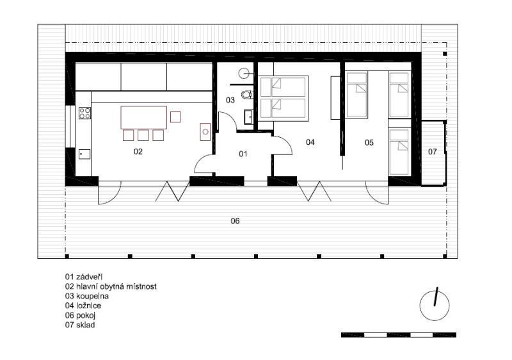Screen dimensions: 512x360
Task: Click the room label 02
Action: (x=138, y=152)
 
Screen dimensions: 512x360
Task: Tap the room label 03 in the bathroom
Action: (x=230, y=100)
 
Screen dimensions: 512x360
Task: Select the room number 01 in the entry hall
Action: (x=243, y=154)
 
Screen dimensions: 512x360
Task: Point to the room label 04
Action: (x=310, y=142)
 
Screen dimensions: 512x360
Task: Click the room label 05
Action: (x=369, y=142)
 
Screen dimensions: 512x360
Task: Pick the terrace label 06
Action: (x=235, y=221)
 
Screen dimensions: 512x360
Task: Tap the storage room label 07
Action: (x=433, y=152)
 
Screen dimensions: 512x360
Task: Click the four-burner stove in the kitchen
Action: (x=85, y=113)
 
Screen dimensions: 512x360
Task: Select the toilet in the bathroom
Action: (x=247, y=95)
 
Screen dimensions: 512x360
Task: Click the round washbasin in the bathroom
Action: (x=244, y=73)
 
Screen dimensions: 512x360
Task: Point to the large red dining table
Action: (x=143, y=118)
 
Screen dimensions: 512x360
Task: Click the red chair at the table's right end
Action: (x=175, y=117)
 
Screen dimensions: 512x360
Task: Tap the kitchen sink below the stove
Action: (x=84, y=154)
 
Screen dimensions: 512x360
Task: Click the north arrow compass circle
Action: (x=435, y=306)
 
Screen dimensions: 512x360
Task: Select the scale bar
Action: (x=398, y=335)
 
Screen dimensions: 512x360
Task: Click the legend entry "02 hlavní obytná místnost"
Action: (x=111, y=286)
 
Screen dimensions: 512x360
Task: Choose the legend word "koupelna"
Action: (x=92, y=297)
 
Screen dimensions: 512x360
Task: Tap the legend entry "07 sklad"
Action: (x=80, y=325)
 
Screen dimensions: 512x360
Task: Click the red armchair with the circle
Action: (x=205, y=132)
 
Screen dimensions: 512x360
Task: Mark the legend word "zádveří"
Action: (x=89, y=277)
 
